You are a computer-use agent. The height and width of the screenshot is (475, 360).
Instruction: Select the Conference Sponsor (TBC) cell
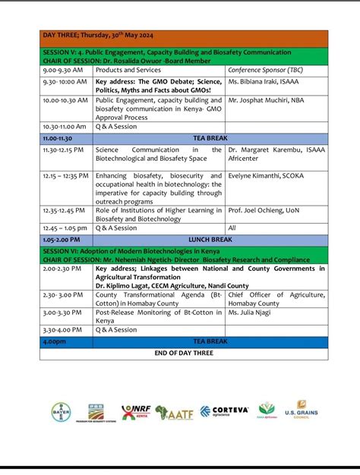coord(260,70)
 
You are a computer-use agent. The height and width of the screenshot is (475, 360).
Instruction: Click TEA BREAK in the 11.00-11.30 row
coord(211,139)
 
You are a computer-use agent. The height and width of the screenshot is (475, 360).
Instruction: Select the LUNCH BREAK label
coord(211,239)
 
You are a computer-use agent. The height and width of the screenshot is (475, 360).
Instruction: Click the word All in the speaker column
coord(232,228)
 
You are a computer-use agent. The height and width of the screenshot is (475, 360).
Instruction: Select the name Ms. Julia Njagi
coord(251,312)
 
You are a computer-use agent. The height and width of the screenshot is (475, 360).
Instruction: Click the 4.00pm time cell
coord(55,342)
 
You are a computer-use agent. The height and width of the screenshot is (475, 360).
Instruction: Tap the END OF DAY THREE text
coord(185,353)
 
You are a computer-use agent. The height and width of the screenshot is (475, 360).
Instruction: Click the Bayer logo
coord(60,411)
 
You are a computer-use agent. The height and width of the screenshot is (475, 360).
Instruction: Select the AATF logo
coord(174,412)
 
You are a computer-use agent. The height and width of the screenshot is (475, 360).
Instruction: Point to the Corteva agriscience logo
coord(224,411)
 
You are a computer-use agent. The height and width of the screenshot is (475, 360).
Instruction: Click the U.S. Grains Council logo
coord(301,410)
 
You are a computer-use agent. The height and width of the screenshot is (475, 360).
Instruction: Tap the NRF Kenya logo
coord(135,412)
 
